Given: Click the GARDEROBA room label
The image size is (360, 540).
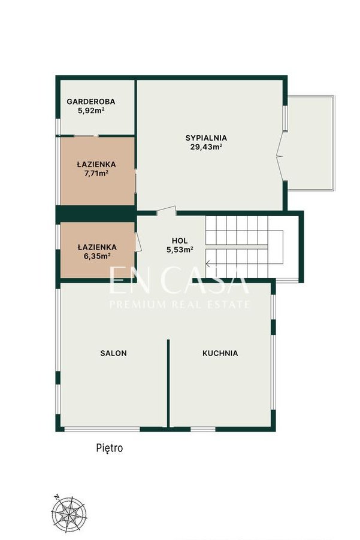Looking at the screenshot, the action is pos(91,102).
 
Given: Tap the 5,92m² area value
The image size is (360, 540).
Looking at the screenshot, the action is pos(91,111).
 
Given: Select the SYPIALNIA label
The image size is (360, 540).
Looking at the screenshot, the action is pos(206,138).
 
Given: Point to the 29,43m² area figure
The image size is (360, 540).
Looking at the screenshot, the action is pos(206,147).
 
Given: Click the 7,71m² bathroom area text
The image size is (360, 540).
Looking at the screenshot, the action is pos(96,173).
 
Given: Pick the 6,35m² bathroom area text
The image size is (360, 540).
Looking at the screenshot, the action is pos(98,256).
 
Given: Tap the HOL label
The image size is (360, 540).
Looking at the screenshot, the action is pos(180,241).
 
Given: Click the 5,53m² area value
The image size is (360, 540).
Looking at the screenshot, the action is pos(180,250).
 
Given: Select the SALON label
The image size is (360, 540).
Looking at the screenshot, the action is pos(113,353).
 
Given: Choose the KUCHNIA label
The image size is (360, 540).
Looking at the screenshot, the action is pos(220,353).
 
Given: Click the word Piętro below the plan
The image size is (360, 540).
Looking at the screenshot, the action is pos(110,448).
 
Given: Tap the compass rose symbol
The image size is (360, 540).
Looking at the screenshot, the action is pos(68,514).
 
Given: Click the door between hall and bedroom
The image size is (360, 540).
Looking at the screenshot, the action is pos(167,210).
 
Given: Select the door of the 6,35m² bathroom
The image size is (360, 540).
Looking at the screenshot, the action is pos(138,242).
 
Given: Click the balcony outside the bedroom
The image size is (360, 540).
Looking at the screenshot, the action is pos(311,143).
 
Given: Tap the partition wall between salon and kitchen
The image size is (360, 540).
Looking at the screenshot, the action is pos(168,384).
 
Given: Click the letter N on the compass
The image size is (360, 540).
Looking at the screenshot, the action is pos(56,497).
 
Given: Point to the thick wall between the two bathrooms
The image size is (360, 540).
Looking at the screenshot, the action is pos(96,214).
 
